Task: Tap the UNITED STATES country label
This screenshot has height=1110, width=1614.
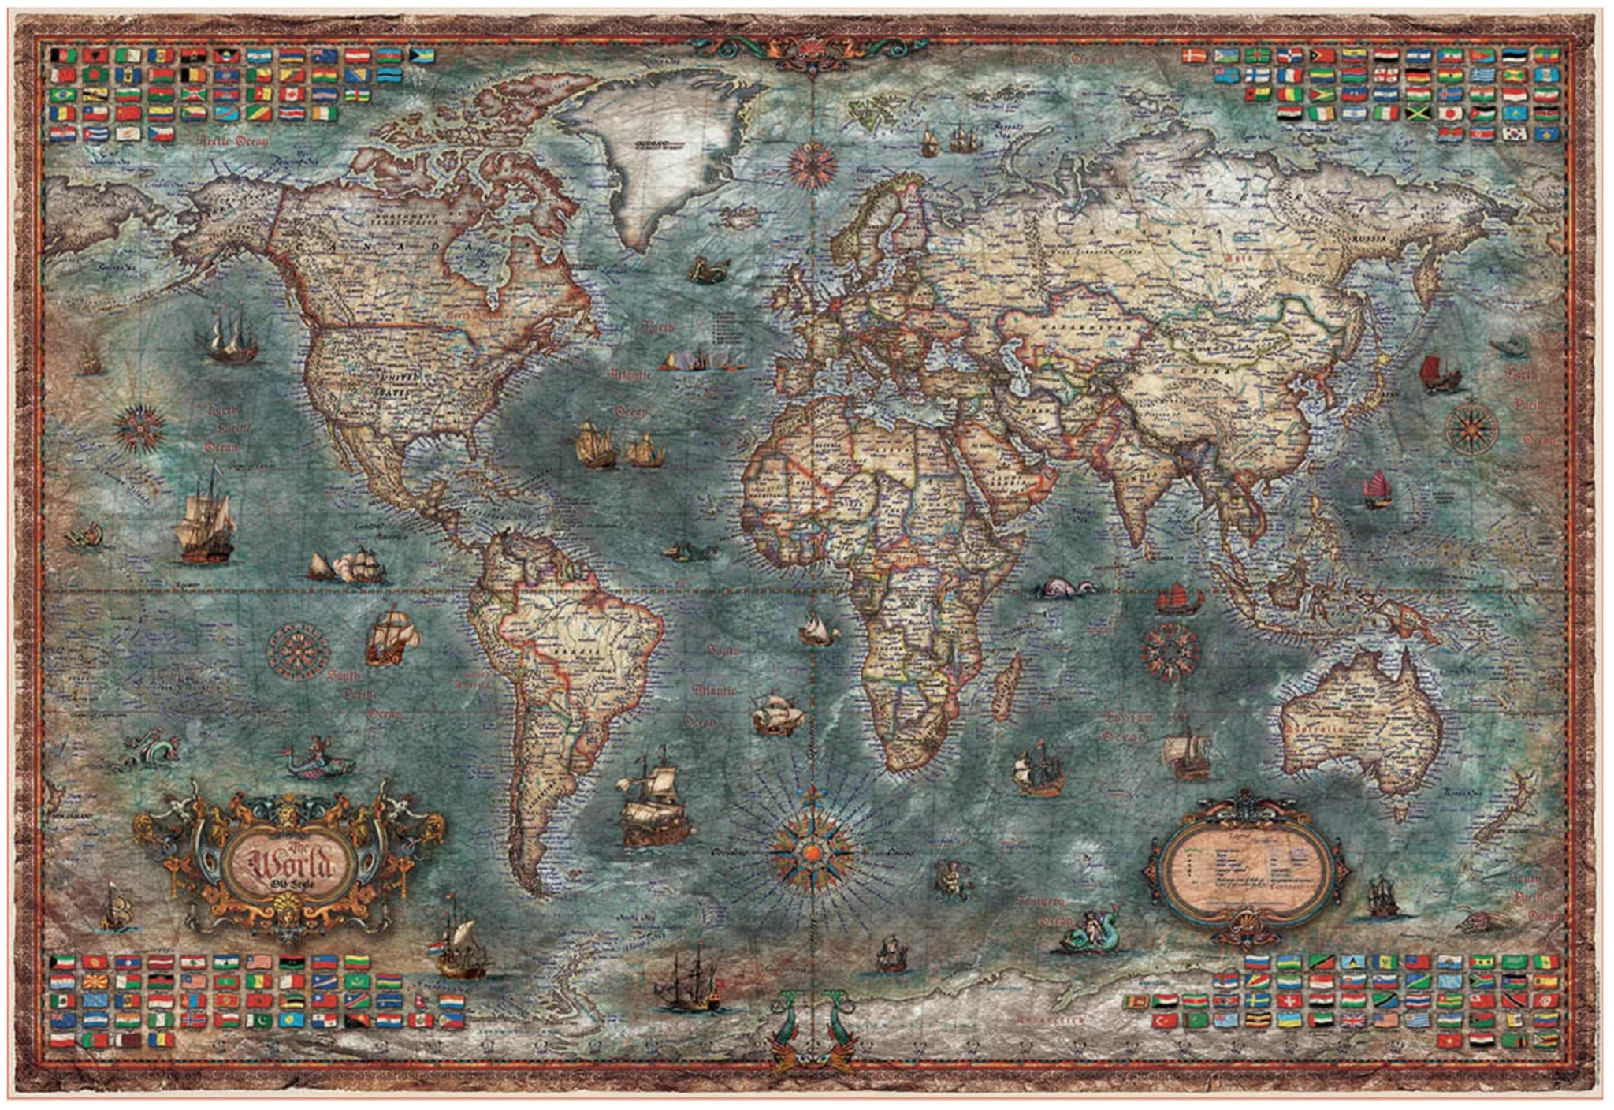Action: click(399, 383)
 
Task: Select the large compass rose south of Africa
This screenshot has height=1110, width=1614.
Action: click(812, 850)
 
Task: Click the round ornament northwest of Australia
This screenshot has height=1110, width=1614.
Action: click(1171, 652)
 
